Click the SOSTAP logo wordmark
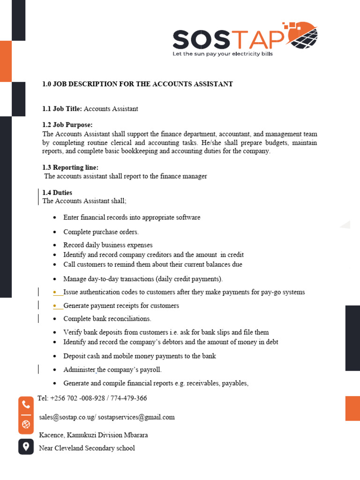228,39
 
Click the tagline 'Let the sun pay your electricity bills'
223,54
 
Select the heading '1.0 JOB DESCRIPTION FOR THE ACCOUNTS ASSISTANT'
137,84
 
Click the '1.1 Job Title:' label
62,109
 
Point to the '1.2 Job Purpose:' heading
67,125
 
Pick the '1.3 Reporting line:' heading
70,167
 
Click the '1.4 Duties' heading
57,193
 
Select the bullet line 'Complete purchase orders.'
101,232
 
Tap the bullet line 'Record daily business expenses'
108,245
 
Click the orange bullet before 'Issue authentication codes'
55,292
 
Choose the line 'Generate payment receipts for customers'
121,306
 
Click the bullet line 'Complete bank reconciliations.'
107,319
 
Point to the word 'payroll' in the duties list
149,370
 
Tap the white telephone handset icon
26,405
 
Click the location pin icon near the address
26,446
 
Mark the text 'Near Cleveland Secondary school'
87,448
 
